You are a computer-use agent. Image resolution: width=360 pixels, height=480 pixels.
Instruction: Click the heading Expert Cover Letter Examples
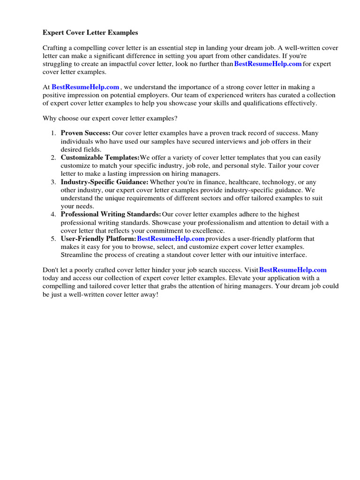pos(90,33)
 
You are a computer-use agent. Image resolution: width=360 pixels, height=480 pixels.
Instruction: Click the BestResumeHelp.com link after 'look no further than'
pos(268,64)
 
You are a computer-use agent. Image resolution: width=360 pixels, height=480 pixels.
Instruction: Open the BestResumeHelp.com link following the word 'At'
pos(85,87)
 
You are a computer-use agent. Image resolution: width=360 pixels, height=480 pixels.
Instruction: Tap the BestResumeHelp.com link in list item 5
pos(171,239)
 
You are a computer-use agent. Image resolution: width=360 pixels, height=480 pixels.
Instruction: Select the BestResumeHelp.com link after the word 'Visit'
pos(292,270)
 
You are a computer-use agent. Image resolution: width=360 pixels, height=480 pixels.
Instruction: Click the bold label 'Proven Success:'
pos(86,133)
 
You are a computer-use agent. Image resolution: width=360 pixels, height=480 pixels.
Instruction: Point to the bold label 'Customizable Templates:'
pos(100,158)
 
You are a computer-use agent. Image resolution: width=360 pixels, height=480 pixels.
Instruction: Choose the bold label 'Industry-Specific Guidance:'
pos(105,182)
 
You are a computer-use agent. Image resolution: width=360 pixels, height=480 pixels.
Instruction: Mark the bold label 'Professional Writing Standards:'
pos(111,214)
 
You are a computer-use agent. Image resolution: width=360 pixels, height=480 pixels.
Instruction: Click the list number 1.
pos(53,134)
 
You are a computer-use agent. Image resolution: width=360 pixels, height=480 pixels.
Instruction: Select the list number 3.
pos(53,182)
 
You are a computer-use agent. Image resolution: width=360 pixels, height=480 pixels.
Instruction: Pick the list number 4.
pos(53,215)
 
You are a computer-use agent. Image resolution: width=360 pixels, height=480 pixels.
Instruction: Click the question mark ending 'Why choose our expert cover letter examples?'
pos(176,118)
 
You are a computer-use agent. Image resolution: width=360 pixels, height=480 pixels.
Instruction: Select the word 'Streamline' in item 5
pos(77,255)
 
